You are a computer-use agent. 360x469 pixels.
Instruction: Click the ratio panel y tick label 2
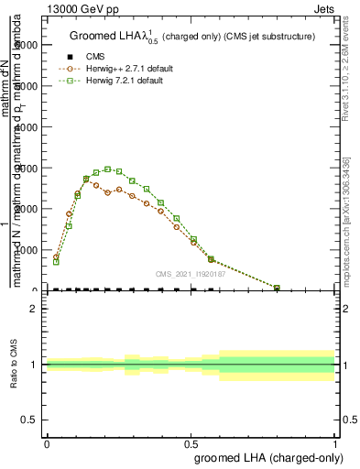[33, 309]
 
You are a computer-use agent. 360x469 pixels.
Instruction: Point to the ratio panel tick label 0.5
[29, 420]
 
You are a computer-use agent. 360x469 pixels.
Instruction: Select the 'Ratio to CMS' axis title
[13, 365]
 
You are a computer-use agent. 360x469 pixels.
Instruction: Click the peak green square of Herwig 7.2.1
[108, 169]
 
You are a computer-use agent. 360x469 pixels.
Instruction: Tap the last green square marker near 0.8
[278, 288]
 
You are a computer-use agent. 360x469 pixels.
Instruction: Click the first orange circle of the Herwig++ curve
[56, 257]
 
